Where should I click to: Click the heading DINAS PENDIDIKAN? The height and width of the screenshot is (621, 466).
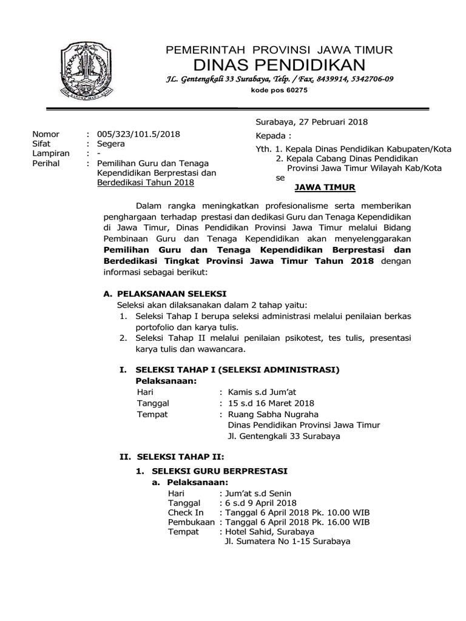click(280, 65)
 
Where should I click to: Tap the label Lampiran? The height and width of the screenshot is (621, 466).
click(50, 154)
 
